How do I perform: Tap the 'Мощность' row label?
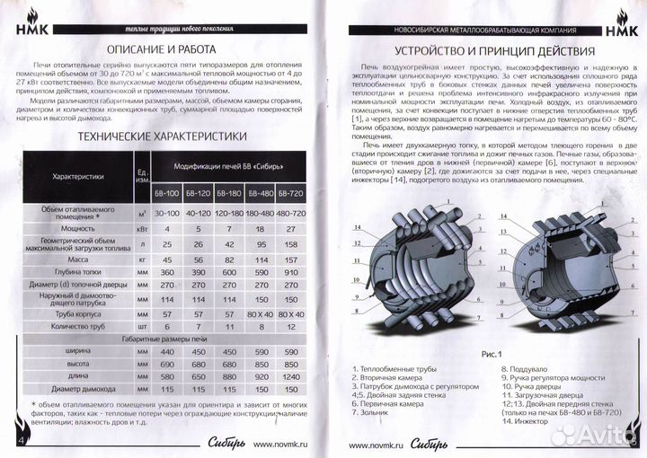pyautogui.click(x=87, y=229)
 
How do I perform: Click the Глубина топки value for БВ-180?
pyautogui.click(x=231, y=271)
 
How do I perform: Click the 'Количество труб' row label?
pyautogui.click(x=87, y=328)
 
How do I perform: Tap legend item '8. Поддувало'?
pyautogui.click(x=521, y=368)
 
